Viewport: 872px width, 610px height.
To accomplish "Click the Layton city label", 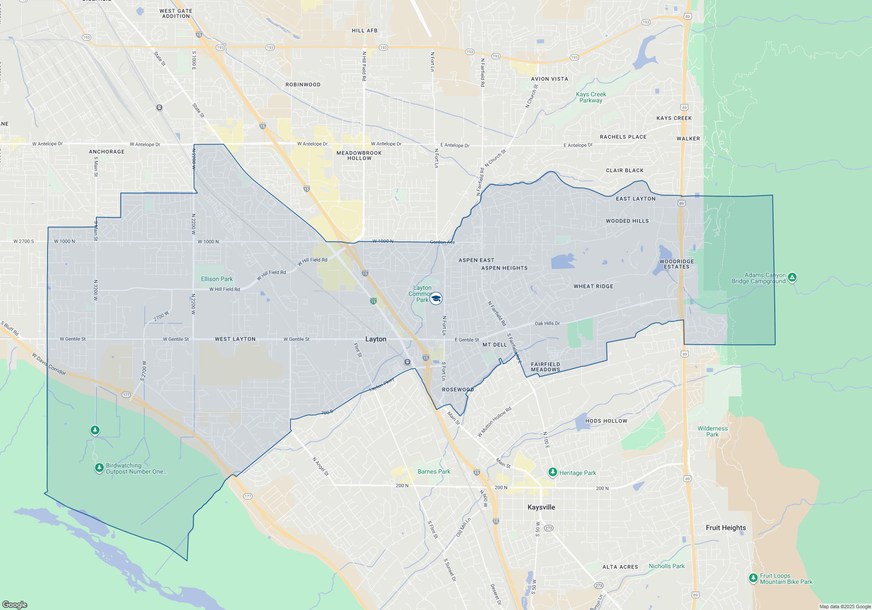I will (x=376, y=339).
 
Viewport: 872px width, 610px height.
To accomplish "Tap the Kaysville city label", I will (x=541, y=507).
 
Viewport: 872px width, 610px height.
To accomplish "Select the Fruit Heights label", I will (x=726, y=528).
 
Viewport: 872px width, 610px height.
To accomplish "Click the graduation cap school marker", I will (x=436, y=298).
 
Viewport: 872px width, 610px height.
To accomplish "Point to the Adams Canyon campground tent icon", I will (x=792, y=277).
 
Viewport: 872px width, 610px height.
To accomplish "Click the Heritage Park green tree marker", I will (x=553, y=472).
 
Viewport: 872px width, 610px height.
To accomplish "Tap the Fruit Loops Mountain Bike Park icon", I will (x=753, y=578).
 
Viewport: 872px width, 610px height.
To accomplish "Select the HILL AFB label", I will (x=364, y=30).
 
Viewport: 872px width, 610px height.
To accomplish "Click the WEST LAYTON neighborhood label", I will (x=235, y=339).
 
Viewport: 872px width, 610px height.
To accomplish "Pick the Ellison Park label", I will (x=217, y=279).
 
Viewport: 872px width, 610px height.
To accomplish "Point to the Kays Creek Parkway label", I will (x=591, y=97).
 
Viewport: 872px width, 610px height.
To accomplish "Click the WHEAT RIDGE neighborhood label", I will (x=593, y=286).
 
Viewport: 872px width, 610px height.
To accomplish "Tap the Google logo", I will (x=15, y=604).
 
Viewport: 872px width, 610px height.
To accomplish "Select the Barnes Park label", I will (x=434, y=471).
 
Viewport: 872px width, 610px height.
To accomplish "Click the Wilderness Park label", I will (x=712, y=431).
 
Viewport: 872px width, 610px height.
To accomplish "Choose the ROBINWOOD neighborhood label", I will (x=303, y=85).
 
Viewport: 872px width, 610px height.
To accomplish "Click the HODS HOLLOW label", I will (x=606, y=421).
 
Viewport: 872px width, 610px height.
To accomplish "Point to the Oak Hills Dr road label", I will (x=547, y=323).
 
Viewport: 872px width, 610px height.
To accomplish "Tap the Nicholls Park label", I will (x=667, y=566).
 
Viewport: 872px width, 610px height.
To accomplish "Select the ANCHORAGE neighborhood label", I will (x=107, y=152).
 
